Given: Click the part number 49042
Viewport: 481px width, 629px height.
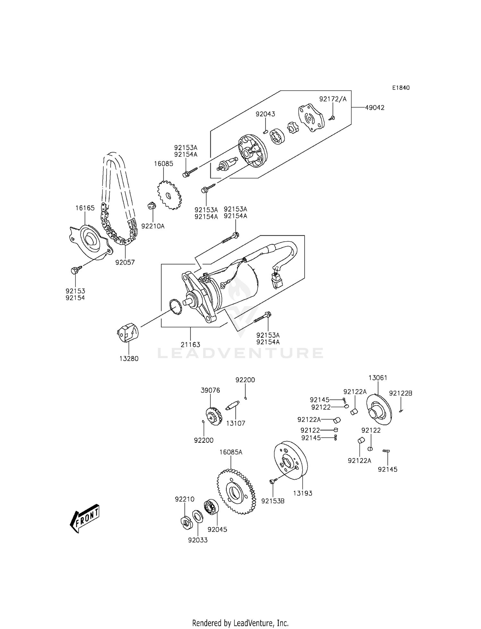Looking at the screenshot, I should (375, 108).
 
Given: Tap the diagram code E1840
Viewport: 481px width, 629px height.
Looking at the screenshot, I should (401, 88).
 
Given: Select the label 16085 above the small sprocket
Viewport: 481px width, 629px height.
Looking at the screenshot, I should (163, 164).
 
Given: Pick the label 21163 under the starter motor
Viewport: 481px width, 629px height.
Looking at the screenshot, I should (190, 345).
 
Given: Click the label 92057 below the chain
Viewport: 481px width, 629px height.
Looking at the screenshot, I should (125, 263).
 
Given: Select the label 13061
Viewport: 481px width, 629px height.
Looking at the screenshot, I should (378, 378).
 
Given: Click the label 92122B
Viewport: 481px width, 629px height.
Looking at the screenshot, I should (401, 393).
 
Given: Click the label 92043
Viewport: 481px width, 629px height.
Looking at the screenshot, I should (265, 114).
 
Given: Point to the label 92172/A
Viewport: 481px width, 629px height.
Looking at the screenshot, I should (333, 99).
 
